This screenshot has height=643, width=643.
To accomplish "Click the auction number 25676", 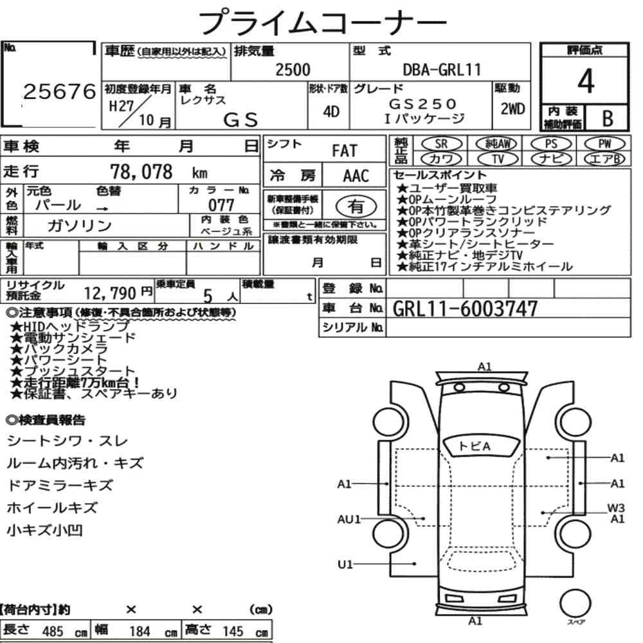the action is [x=59, y=91].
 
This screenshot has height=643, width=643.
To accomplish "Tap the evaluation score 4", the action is [x=586, y=81].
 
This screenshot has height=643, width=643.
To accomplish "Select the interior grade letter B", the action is [x=608, y=118].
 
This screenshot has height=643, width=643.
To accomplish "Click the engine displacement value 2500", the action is [x=293, y=69].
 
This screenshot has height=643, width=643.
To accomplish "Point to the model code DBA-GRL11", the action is [x=442, y=69].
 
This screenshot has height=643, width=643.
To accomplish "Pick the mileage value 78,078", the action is [x=141, y=172].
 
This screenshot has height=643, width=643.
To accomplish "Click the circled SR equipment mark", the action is [x=441, y=144].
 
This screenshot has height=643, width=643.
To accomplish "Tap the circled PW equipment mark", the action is [x=605, y=144].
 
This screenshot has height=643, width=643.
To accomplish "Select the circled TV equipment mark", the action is [x=498, y=159].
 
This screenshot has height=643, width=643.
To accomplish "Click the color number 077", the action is [x=221, y=204].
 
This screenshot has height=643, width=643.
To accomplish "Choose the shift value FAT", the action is [x=345, y=151].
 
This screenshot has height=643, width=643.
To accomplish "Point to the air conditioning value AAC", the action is [x=356, y=176].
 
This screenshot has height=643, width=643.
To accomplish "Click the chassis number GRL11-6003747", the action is [x=465, y=309].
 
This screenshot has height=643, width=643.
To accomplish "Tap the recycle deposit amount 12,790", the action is [x=110, y=293].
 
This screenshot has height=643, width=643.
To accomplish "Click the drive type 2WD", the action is [x=512, y=109].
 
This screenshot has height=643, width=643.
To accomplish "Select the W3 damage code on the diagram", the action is [x=616, y=508].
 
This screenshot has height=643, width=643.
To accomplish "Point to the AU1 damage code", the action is [x=349, y=519].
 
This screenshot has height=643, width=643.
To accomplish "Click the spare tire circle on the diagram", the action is [x=575, y=603].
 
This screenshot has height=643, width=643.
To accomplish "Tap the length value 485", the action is [x=53, y=631].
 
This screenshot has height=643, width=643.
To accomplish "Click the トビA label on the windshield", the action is [x=474, y=446].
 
